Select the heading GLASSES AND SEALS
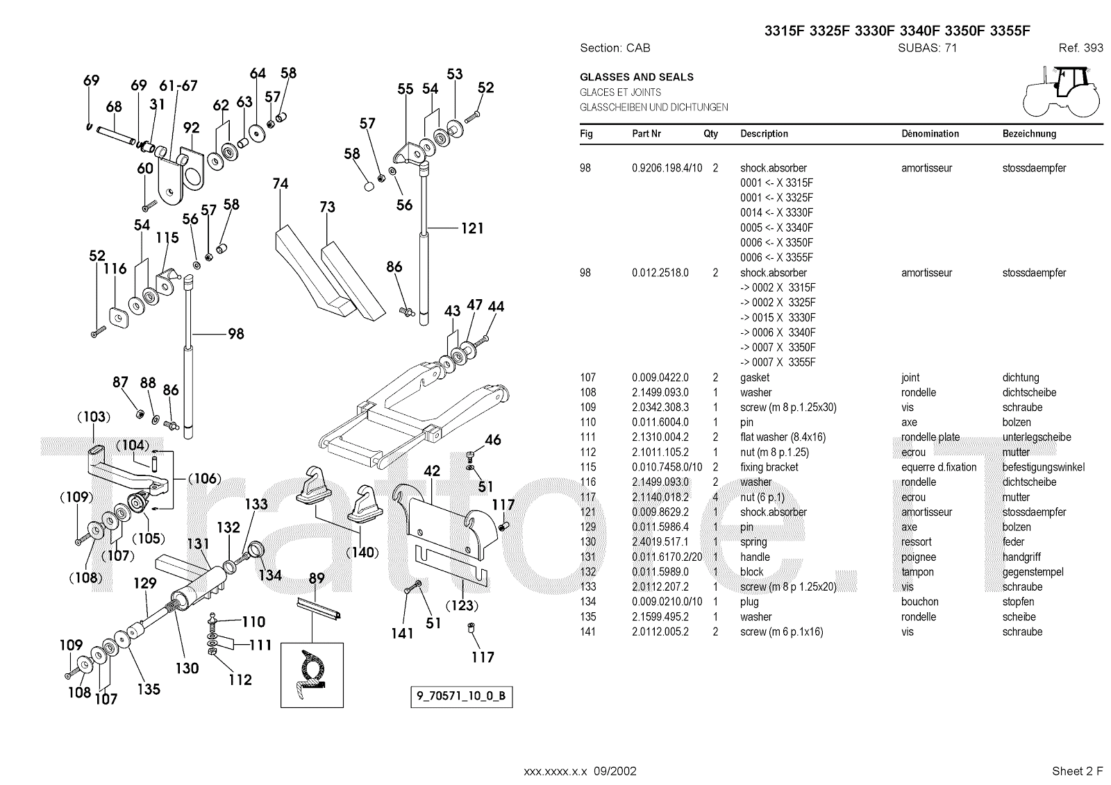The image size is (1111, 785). [x=636, y=77]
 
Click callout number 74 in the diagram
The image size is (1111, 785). [x=281, y=184]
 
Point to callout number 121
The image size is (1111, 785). [x=471, y=228]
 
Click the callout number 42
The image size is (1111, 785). [x=432, y=471]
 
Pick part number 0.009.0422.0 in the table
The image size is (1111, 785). [x=660, y=378]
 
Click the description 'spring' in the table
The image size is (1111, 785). [x=753, y=542]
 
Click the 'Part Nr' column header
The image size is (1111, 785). [x=646, y=134]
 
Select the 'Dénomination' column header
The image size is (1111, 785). [x=930, y=134]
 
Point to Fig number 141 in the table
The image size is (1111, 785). [x=587, y=632]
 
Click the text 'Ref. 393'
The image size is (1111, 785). [x=1080, y=48]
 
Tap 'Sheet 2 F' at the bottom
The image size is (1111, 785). [x=1077, y=770]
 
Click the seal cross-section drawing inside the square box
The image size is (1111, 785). [x=312, y=675]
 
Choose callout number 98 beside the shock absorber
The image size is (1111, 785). [x=236, y=334]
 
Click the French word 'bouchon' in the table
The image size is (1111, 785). [x=919, y=602]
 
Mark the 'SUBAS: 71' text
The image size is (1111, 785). [x=927, y=48]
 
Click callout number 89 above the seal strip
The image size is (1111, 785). [x=316, y=578]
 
